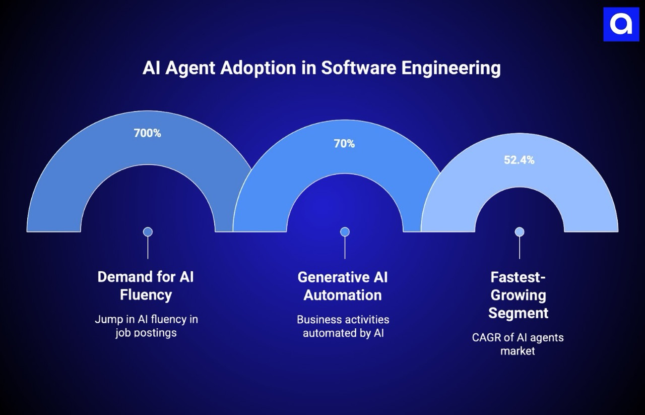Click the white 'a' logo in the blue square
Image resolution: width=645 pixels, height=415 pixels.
tap(620, 24)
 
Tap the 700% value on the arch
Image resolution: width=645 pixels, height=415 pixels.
tap(147, 134)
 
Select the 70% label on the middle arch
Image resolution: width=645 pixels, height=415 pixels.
tap(344, 144)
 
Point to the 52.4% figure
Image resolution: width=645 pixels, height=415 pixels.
tap(519, 160)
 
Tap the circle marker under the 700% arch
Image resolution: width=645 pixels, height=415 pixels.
tap(148, 232)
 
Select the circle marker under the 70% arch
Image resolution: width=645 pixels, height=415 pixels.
tap(345, 232)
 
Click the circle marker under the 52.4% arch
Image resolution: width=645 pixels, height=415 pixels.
tap(520, 232)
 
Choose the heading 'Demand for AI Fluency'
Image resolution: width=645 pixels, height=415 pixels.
tap(146, 285)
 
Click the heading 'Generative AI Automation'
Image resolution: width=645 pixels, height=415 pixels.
tap(343, 286)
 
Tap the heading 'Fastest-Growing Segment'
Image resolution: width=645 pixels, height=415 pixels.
tap(519, 295)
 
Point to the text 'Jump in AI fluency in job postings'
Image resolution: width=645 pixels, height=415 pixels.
tap(146, 326)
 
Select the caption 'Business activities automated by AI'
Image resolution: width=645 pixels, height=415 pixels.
tap(343, 326)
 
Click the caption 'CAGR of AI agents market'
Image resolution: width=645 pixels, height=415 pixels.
tap(518, 344)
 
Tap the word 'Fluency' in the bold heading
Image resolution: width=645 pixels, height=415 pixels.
tap(146, 294)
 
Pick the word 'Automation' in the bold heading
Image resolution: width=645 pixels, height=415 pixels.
tap(343, 295)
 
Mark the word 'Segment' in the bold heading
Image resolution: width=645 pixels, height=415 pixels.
tap(519, 313)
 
